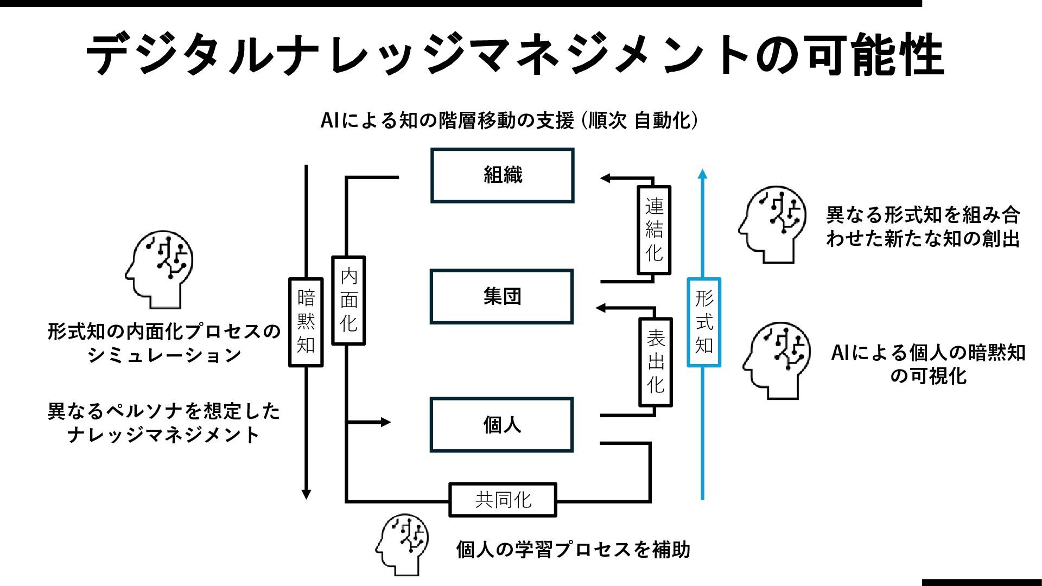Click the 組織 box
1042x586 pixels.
point(502,175)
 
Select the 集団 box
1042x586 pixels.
point(501,297)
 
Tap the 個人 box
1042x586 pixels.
point(501,425)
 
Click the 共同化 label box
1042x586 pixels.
point(503,500)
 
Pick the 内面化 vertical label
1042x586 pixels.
point(348,300)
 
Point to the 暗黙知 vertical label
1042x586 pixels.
point(306,322)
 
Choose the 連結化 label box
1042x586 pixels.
point(654,230)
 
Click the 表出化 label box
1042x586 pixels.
point(656,362)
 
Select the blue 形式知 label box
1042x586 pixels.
point(704,322)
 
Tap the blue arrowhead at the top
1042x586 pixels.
point(703,174)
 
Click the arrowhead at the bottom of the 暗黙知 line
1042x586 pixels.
point(306,494)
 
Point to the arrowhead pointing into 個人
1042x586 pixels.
point(386,422)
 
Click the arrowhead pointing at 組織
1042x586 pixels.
point(605,178)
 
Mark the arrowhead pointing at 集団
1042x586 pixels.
point(601,308)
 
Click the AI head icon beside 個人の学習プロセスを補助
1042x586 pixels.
point(402,544)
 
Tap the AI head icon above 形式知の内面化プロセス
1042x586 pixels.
point(160,269)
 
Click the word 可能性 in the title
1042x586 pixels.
point(875,54)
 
